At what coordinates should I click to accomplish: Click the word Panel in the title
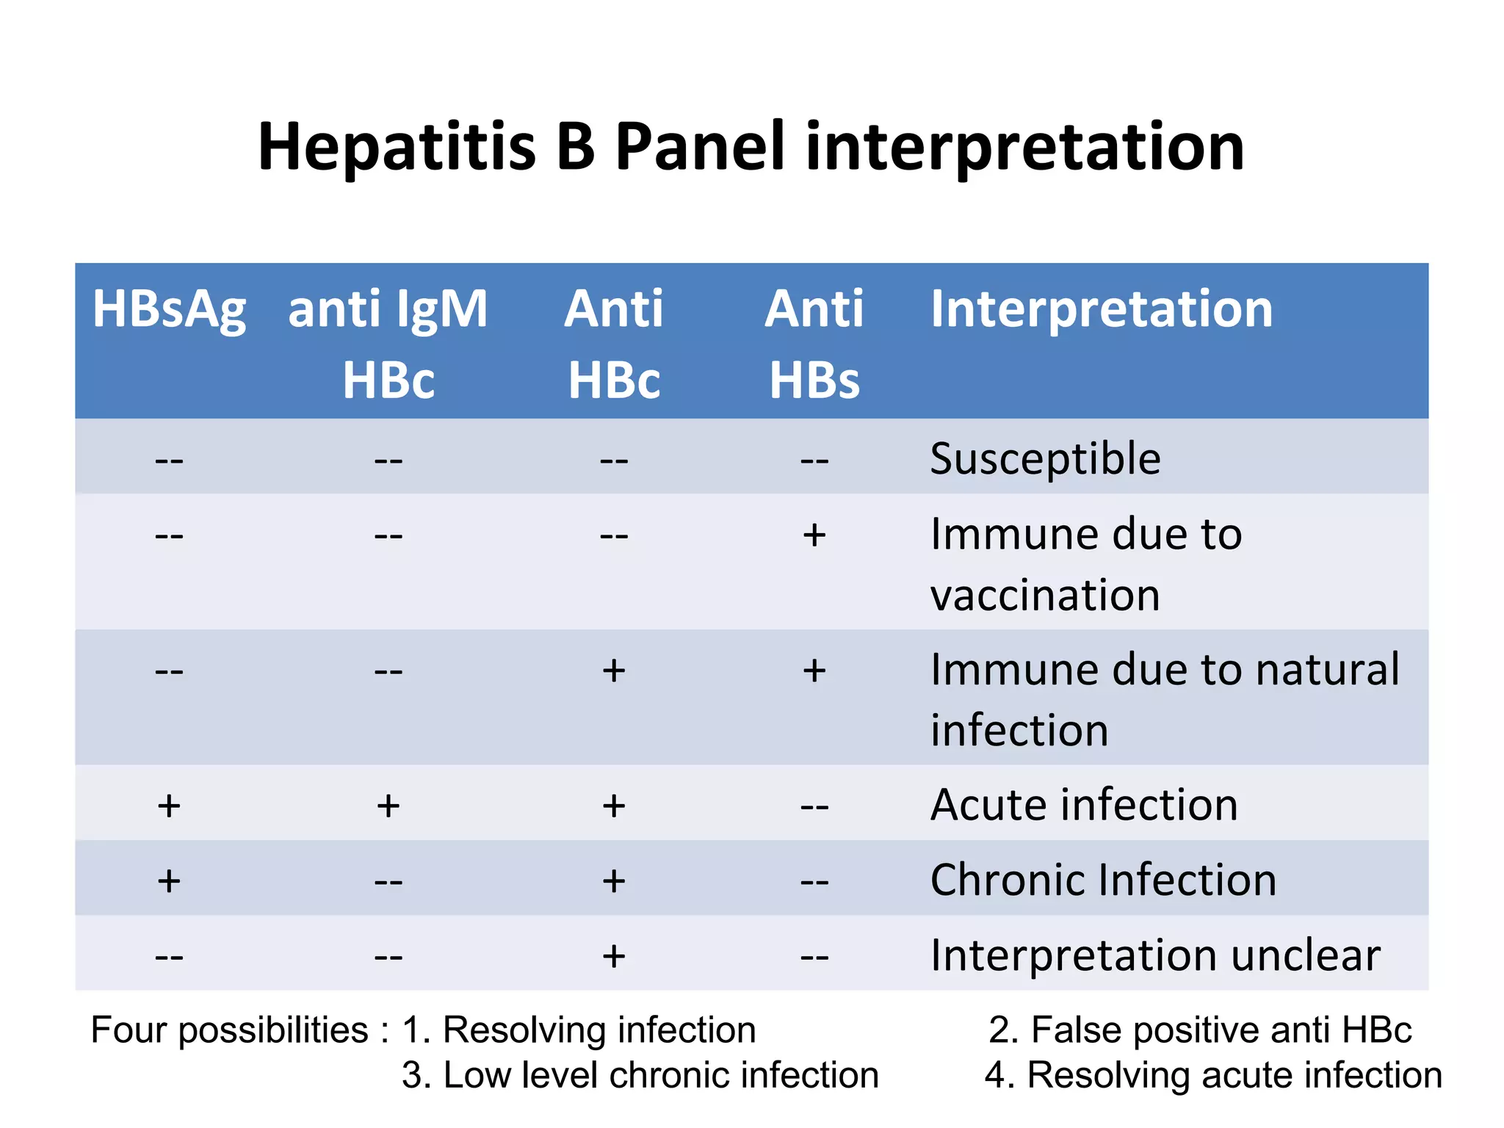coord(700,146)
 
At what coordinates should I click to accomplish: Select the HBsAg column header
coord(169,308)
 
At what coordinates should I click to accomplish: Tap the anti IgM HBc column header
coord(388,343)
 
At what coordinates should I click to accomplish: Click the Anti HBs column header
coord(814,343)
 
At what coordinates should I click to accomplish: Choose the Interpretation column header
coord(1101,308)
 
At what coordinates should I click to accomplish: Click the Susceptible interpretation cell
coord(1044,458)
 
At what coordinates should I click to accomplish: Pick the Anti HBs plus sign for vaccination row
coord(814,535)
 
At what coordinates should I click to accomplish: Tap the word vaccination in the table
coord(1044,595)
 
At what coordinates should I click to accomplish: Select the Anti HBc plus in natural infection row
coord(613,670)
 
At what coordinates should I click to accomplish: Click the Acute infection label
coord(1084,805)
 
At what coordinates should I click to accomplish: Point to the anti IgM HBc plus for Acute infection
coord(388,806)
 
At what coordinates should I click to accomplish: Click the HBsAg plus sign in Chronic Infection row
coord(169,881)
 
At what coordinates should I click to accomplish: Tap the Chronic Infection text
coord(1102,880)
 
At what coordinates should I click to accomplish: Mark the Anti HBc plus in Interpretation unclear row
coord(613,956)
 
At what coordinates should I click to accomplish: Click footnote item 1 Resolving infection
coord(579,1030)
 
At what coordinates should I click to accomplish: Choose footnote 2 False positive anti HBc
coord(1199,1030)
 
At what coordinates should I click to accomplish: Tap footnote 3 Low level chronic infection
coord(640,1075)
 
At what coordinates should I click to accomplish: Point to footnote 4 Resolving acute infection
coord(1212,1075)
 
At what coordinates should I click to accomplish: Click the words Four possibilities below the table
coord(229,1030)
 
